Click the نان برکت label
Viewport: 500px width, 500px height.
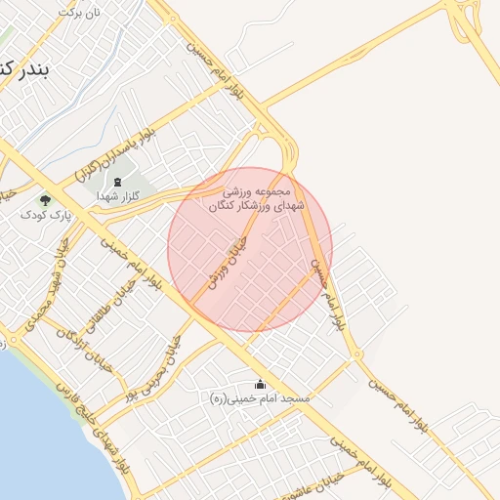(80, 14)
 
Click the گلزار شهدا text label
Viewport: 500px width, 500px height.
(118, 197)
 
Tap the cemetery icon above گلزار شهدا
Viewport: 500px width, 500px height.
(118, 182)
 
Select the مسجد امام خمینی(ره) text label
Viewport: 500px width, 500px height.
(260, 398)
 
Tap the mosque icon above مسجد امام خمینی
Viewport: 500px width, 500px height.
(260, 384)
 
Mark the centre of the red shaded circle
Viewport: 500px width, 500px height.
(250, 249)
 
